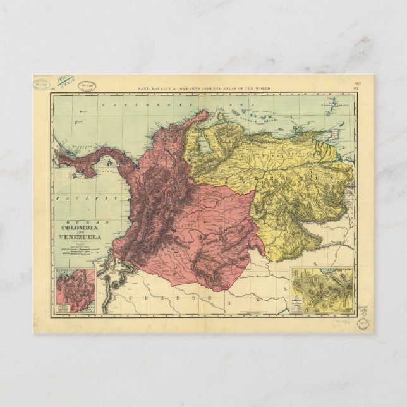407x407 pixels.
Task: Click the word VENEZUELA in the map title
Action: pyautogui.click(x=80, y=237)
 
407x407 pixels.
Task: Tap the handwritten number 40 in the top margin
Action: pyautogui.click(x=358, y=82)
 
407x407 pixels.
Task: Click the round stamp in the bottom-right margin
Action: pyautogui.click(x=361, y=324)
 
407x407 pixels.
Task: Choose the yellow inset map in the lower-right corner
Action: pyautogui.click(x=322, y=291)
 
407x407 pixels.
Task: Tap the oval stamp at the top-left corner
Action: pyautogui.click(x=43, y=85)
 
